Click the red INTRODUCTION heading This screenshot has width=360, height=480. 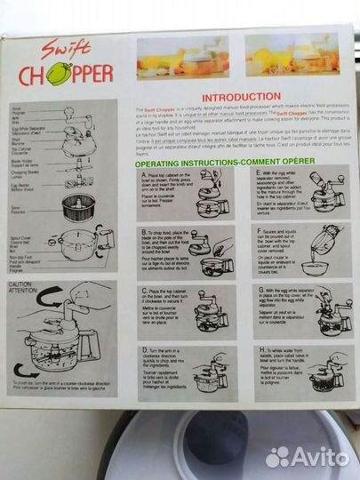click(242, 95)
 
